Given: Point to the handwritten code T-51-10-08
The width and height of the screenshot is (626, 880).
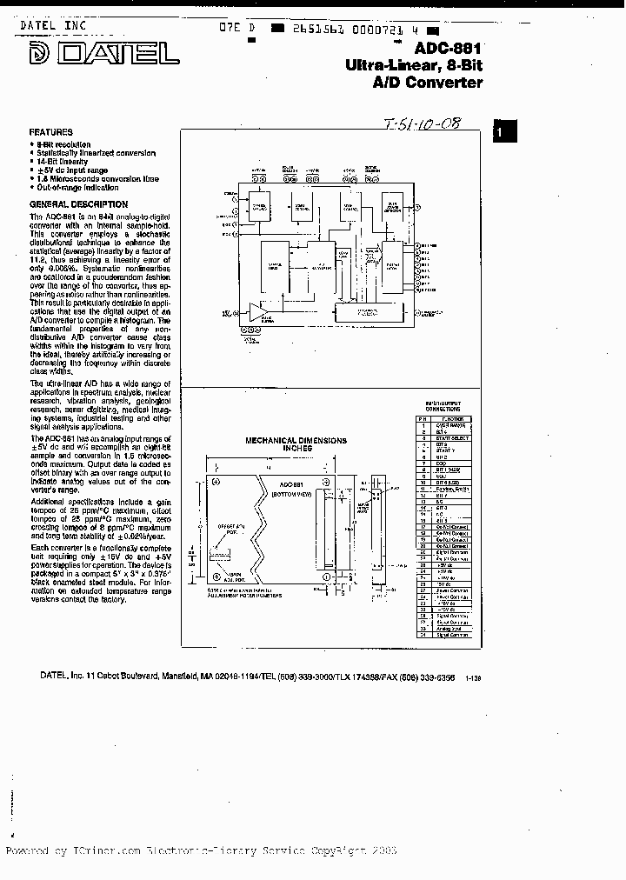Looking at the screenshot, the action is [418, 125].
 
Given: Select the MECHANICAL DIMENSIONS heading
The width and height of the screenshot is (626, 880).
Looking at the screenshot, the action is [296, 441].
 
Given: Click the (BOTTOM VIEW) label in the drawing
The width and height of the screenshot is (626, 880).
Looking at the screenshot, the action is [294, 493].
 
